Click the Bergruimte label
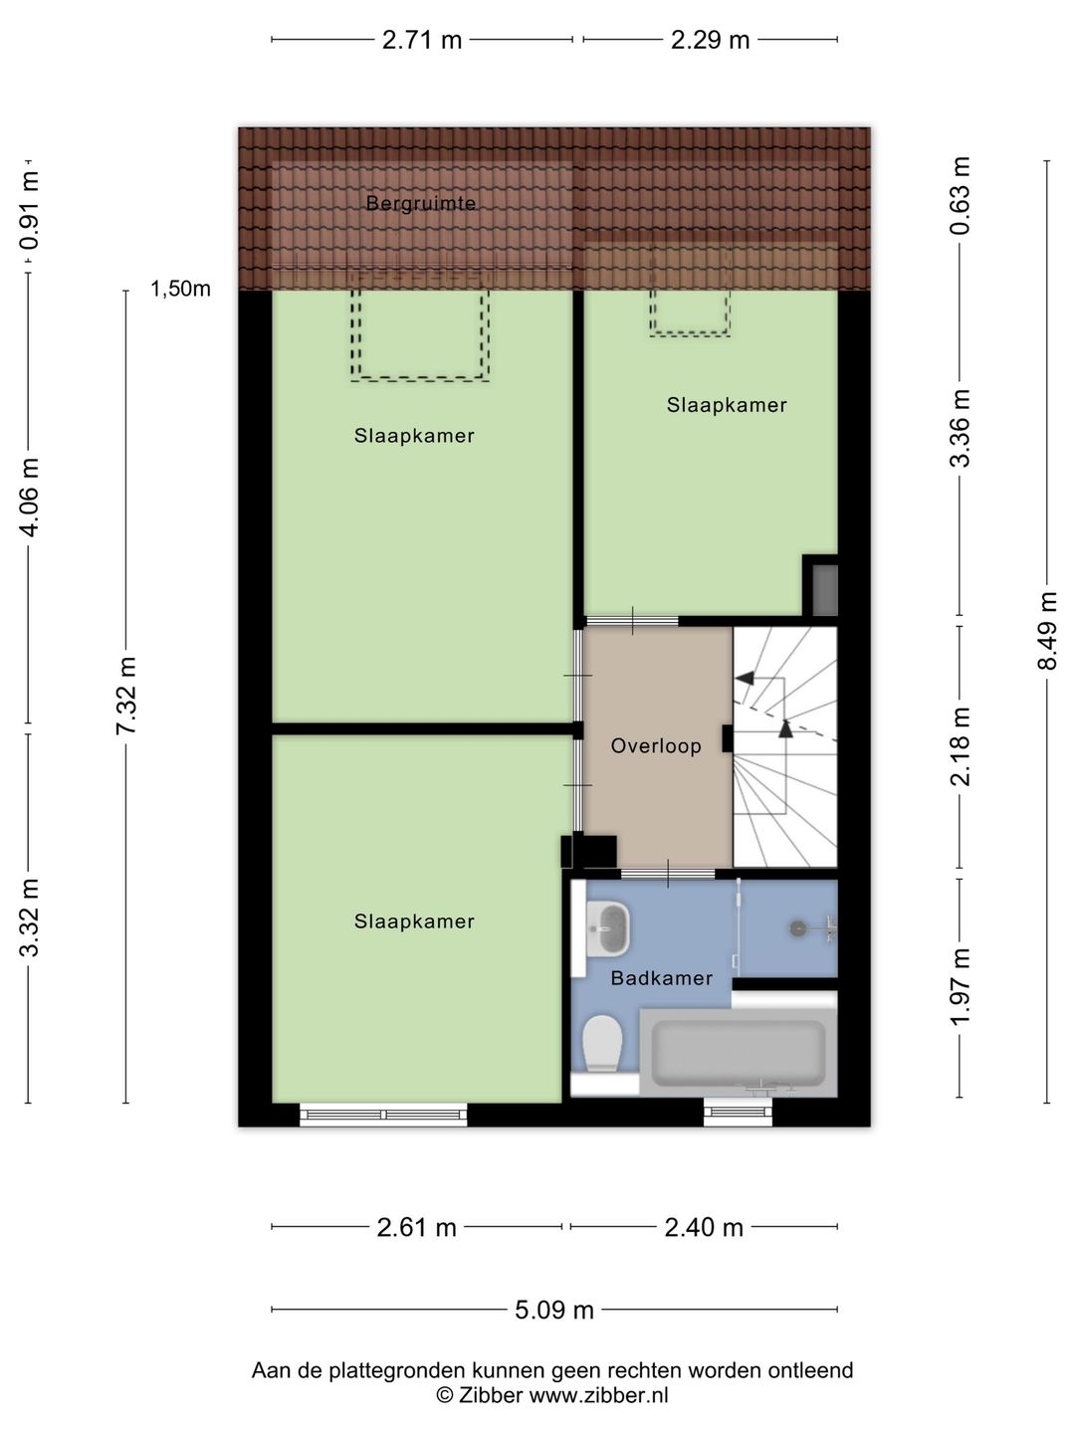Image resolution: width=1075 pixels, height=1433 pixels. click(x=420, y=203)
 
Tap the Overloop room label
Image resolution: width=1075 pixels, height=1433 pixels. click(x=656, y=745)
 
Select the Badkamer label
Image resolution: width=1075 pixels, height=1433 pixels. click(x=662, y=978)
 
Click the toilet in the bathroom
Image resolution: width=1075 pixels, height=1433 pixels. click(x=602, y=1042)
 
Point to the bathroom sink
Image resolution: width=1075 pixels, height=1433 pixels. click(x=608, y=928)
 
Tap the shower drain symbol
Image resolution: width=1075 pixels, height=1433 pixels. click(x=797, y=927)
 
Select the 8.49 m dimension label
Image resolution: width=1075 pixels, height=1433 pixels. click(x=1047, y=630)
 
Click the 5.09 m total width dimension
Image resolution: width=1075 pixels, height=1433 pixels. click(x=554, y=1310)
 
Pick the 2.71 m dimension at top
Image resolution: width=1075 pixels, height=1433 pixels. click(x=422, y=40)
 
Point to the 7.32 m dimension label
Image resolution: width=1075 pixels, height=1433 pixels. click(x=126, y=697)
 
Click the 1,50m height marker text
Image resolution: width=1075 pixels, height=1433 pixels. click(x=180, y=290)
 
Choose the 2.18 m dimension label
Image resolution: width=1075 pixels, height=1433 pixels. click(x=960, y=746)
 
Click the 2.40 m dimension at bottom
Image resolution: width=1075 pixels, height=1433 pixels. click(x=704, y=1227)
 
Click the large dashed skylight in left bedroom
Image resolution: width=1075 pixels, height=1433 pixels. click(x=420, y=335)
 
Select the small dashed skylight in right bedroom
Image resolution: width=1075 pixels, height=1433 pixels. click(x=690, y=312)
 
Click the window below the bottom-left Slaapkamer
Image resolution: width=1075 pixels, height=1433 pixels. click(x=383, y=1115)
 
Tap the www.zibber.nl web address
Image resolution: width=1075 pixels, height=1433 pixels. click(x=598, y=1395)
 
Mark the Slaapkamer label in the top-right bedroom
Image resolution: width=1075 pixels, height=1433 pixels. click(x=727, y=405)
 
